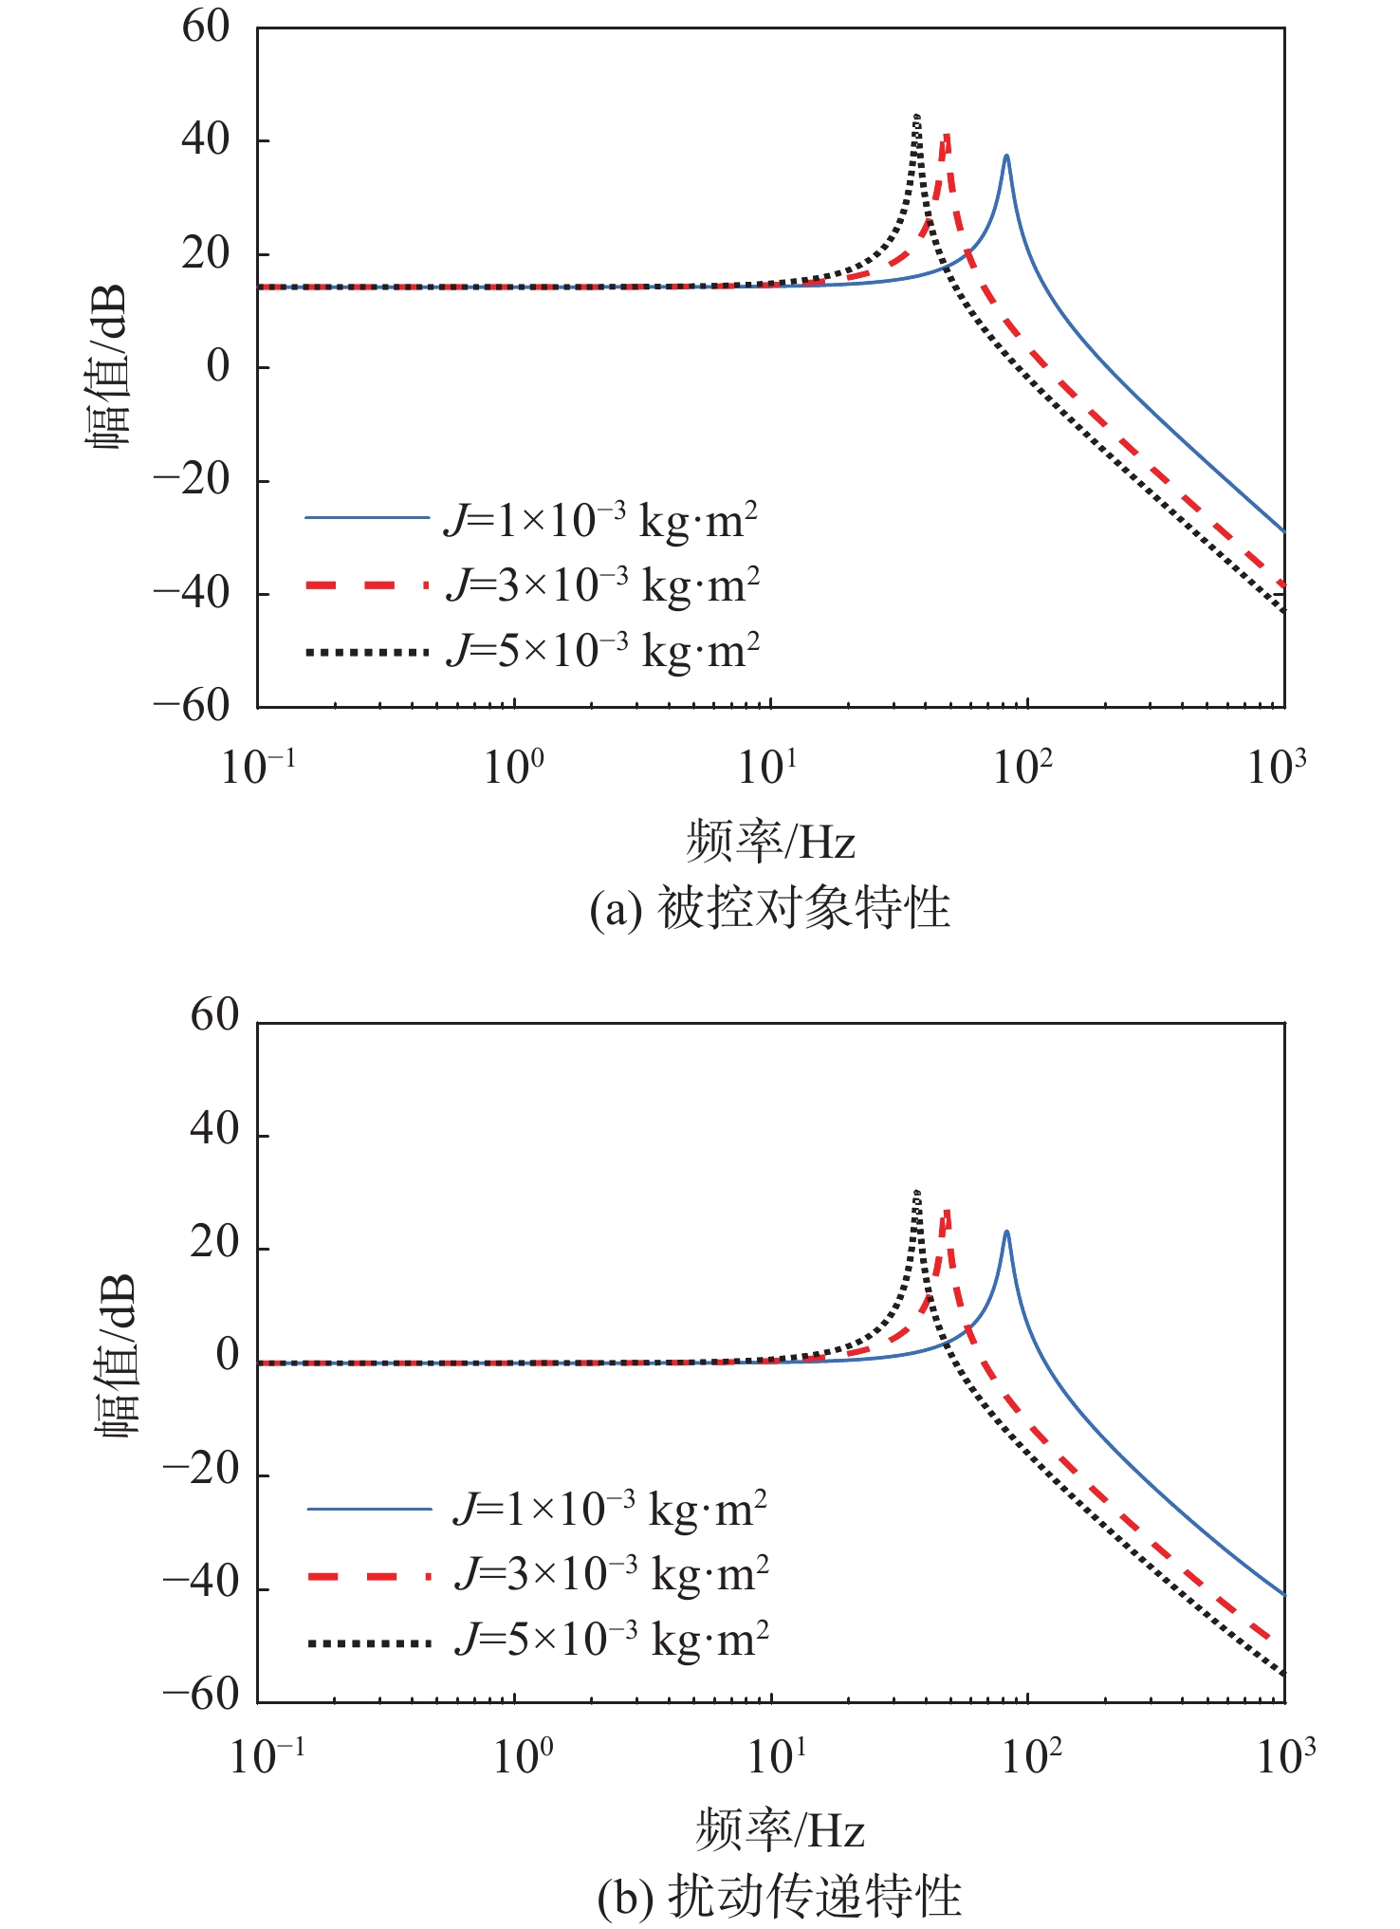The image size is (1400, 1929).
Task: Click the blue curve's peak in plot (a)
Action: click(x=1006, y=157)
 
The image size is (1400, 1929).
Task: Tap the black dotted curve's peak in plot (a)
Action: click(x=916, y=117)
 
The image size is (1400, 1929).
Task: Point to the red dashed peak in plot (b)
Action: click(x=946, y=1212)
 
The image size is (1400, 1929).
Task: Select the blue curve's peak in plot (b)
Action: click(x=1006, y=1233)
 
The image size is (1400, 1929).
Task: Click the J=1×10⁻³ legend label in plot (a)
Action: click(x=600, y=520)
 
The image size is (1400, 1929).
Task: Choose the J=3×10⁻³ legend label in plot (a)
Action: click(x=603, y=584)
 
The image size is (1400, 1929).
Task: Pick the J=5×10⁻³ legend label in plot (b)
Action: click(x=612, y=1639)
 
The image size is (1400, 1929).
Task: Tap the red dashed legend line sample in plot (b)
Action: click(x=369, y=1576)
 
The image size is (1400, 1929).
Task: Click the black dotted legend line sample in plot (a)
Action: click(x=367, y=652)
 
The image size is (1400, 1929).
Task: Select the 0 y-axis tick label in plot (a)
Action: click(x=218, y=366)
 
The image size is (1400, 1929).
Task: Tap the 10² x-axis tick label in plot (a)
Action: click(x=1022, y=767)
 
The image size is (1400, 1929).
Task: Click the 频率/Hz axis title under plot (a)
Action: click(x=770, y=842)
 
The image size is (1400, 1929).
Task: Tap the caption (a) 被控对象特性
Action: click(x=770, y=908)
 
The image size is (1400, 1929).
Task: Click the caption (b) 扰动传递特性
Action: click(x=780, y=1896)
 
